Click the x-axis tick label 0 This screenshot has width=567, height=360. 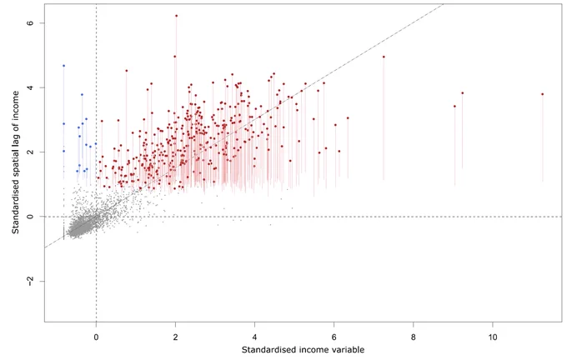tap(96, 337)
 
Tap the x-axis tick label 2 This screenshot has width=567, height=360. tap(175, 337)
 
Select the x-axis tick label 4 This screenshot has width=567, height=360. tap(254, 337)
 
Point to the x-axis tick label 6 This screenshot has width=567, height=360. tap(334, 337)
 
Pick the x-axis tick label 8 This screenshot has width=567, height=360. tap(414, 337)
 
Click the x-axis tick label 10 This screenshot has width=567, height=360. tap(493, 337)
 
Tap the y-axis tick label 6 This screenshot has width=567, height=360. tap(30, 22)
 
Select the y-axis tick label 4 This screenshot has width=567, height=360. tap(30, 87)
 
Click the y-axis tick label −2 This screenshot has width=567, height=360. tap(30, 281)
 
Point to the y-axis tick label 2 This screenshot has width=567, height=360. tap(30, 152)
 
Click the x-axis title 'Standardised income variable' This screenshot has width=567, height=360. tap(303, 349)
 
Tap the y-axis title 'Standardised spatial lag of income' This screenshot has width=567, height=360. tap(16, 162)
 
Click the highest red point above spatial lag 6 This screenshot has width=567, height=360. tap(177, 16)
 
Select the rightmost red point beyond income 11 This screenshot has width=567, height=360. tap(543, 94)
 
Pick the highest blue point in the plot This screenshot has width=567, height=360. tap(64, 66)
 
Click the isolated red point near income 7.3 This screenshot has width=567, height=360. tap(384, 57)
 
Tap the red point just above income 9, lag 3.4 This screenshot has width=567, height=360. tap(455, 107)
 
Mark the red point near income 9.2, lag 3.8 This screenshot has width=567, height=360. tap(463, 92)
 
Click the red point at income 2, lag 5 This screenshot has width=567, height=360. tap(175, 57)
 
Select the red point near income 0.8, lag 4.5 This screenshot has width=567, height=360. tap(127, 71)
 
